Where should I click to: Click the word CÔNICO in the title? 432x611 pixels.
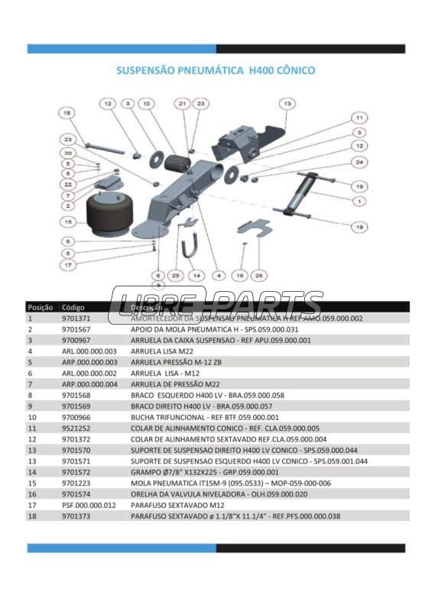click(290, 70)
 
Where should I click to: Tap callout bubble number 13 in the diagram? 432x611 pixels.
click(286, 103)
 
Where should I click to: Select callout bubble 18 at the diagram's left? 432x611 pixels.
click(67, 113)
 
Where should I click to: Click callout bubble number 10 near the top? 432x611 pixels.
click(146, 103)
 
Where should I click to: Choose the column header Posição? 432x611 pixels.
click(40, 307)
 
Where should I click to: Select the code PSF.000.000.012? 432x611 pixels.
click(89, 505)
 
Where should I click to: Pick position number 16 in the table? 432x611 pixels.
click(31, 494)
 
